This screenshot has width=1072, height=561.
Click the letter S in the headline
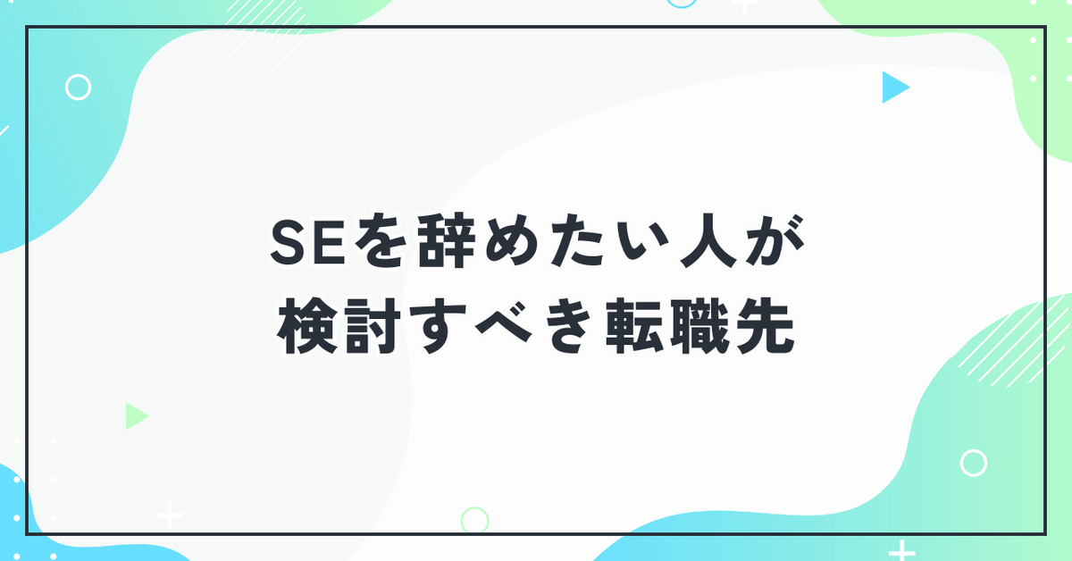(288, 242)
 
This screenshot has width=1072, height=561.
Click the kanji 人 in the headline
(708, 241)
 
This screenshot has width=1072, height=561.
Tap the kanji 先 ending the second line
(766, 326)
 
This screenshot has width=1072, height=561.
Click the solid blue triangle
(893, 88)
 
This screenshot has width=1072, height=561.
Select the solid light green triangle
(135, 416)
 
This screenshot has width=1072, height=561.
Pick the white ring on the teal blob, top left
(78, 75)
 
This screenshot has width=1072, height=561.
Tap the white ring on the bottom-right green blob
(974, 450)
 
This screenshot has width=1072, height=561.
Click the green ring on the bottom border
(474, 508)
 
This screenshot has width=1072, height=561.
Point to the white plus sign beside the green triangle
(170, 515)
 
